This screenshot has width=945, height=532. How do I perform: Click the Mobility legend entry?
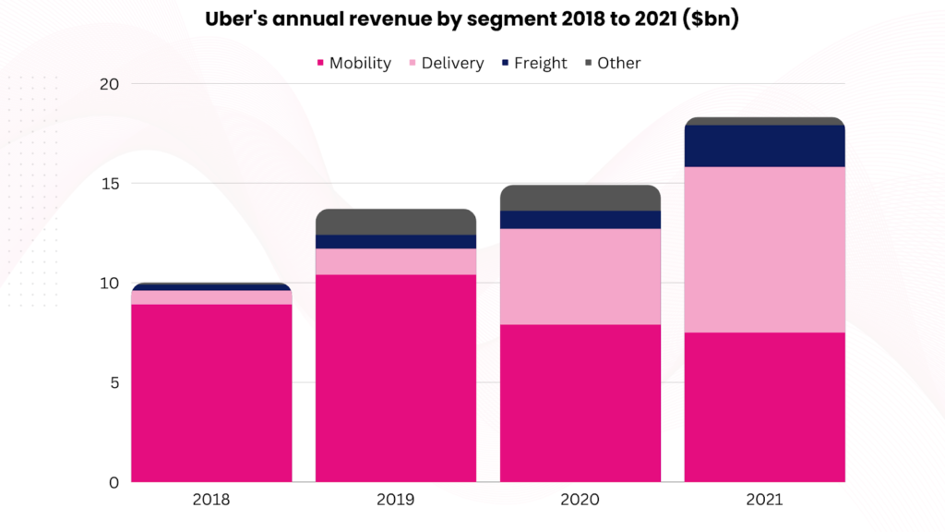click(353, 63)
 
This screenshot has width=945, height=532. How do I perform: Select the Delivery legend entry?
click(446, 63)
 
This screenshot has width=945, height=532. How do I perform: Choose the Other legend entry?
click(613, 63)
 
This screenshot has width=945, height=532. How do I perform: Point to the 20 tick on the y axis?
click(110, 84)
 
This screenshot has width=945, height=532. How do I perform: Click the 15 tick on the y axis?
click(110, 184)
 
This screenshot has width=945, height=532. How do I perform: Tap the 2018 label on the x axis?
click(211, 501)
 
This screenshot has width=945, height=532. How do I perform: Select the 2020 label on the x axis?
click(580, 501)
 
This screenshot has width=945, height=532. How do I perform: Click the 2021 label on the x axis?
click(764, 501)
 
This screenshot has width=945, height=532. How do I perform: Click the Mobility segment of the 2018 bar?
click(211, 393)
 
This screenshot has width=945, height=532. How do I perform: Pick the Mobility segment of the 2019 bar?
click(396, 379)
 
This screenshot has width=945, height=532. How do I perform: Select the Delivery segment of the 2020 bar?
click(580, 276)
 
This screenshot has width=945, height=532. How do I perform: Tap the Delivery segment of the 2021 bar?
click(764, 249)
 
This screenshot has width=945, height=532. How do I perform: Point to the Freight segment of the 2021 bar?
click(764, 146)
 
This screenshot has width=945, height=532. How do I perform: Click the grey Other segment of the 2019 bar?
click(396, 222)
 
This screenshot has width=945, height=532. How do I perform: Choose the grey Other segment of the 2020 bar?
click(580, 198)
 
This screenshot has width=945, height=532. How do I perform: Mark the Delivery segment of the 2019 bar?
click(396, 261)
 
